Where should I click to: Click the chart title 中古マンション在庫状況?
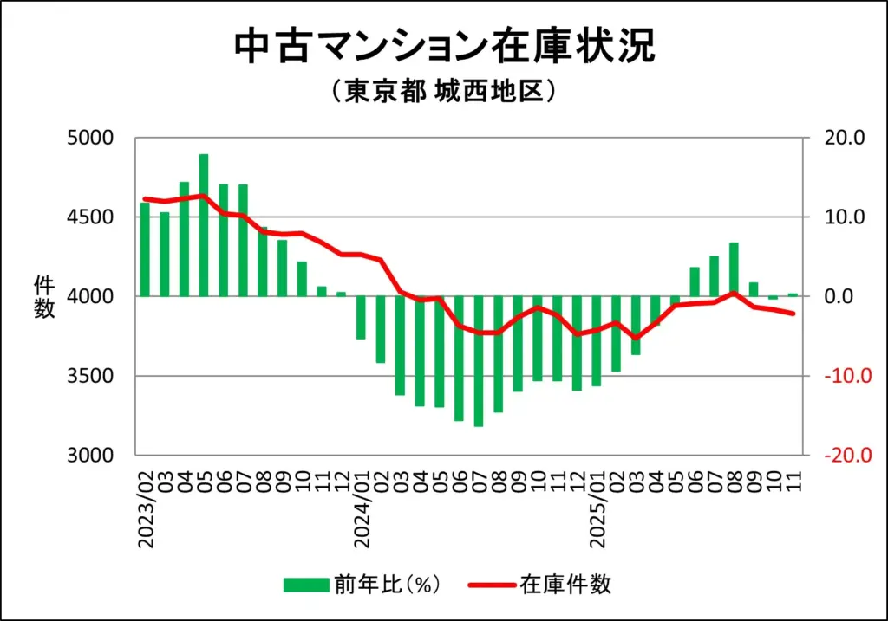pos(444,49)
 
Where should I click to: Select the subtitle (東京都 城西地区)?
pos(443,92)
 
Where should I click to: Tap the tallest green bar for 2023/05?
pos(204,225)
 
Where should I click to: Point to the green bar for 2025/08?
pos(734,269)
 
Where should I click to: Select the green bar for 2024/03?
pos(401,346)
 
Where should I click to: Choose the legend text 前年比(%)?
pos(388,585)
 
